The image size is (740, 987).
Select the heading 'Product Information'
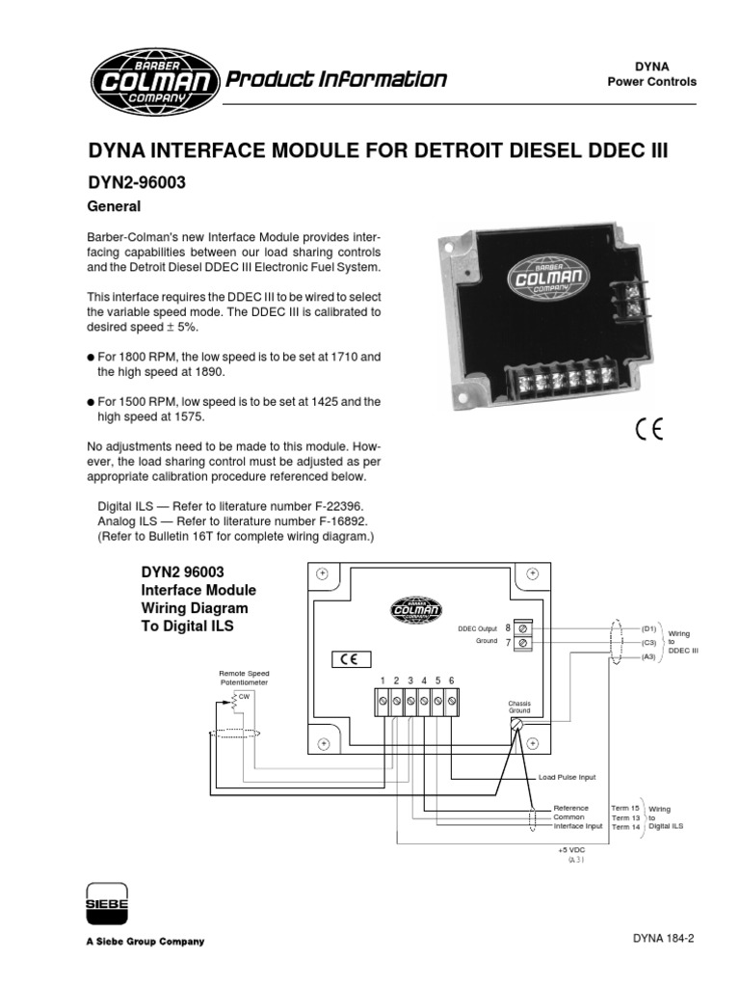tap(335, 79)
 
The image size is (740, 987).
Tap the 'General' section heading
tap(114, 206)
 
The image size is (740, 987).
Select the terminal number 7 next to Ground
tap(508, 642)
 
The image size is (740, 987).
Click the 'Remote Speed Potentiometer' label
tap(244, 678)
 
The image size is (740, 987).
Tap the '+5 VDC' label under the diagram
tap(571, 850)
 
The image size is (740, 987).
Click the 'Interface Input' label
tap(578, 826)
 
